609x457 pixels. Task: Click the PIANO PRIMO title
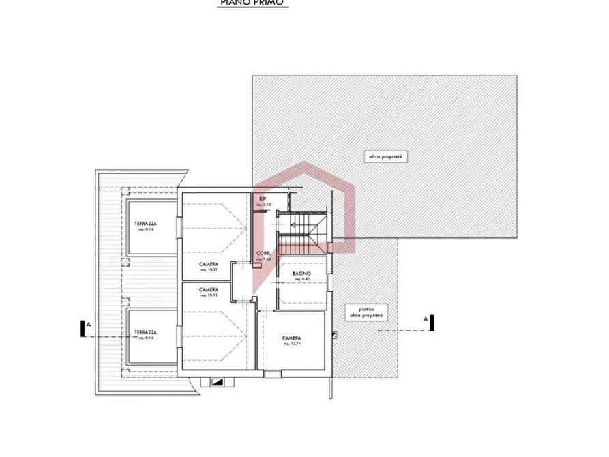(253, 3)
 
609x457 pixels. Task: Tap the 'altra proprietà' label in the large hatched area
(387, 157)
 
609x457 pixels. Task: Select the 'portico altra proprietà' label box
(368, 312)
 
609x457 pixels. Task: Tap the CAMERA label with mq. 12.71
(292, 339)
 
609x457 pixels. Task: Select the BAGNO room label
(302, 273)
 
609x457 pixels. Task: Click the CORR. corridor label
(264, 254)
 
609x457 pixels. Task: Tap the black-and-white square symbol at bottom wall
(218, 383)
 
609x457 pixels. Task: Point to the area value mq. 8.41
(302, 279)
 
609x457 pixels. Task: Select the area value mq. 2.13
(263, 205)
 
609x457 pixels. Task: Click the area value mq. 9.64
(264, 259)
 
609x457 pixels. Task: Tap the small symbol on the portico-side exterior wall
(333, 334)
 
